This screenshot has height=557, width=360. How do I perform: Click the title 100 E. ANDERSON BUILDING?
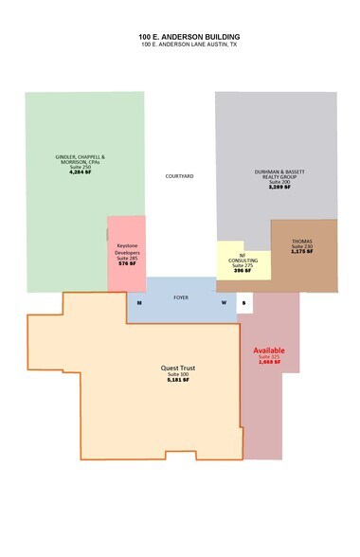tap(179, 36)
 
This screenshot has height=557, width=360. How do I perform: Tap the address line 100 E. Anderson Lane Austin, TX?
tap(179, 45)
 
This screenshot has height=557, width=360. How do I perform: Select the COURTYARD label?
tap(180, 177)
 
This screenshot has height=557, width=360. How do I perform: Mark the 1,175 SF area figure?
tap(301, 253)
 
